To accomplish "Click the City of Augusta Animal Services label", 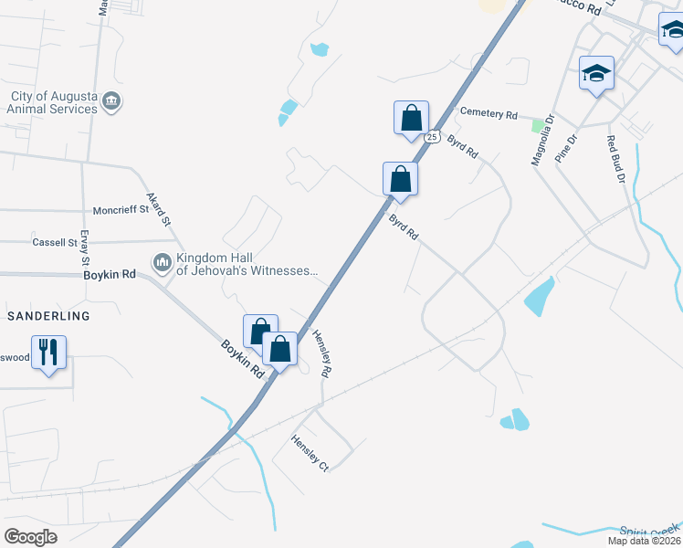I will pyautogui.click(x=54, y=102).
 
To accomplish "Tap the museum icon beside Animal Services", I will pyautogui.click(x=111, y=100).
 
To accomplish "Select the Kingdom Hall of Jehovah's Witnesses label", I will pyautogui.click(x=247, y=265).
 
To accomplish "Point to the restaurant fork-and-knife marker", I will pyautogui.click(x=49, y=352).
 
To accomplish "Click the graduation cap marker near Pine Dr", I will pyautogui.click(x=596, y=73).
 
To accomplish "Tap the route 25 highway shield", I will pyautogui.click(x=433, y=137).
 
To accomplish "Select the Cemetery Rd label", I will pyautogui.click(x=489, y=113).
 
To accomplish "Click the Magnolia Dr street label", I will pyautogui.click(x=544, y=140).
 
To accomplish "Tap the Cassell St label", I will pyautogui.click(x=55, y=243).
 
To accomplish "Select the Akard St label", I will pyautogui.click(x=159, y=209).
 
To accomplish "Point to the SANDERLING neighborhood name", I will pyautogui.click(x=49, y=316).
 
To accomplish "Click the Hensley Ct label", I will pyautogui.click(x=310, y=453).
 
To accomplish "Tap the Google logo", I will pyautogui.click(x=30, y=536).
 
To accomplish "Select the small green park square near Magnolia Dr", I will pyautogui.click(x=538, y=125).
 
